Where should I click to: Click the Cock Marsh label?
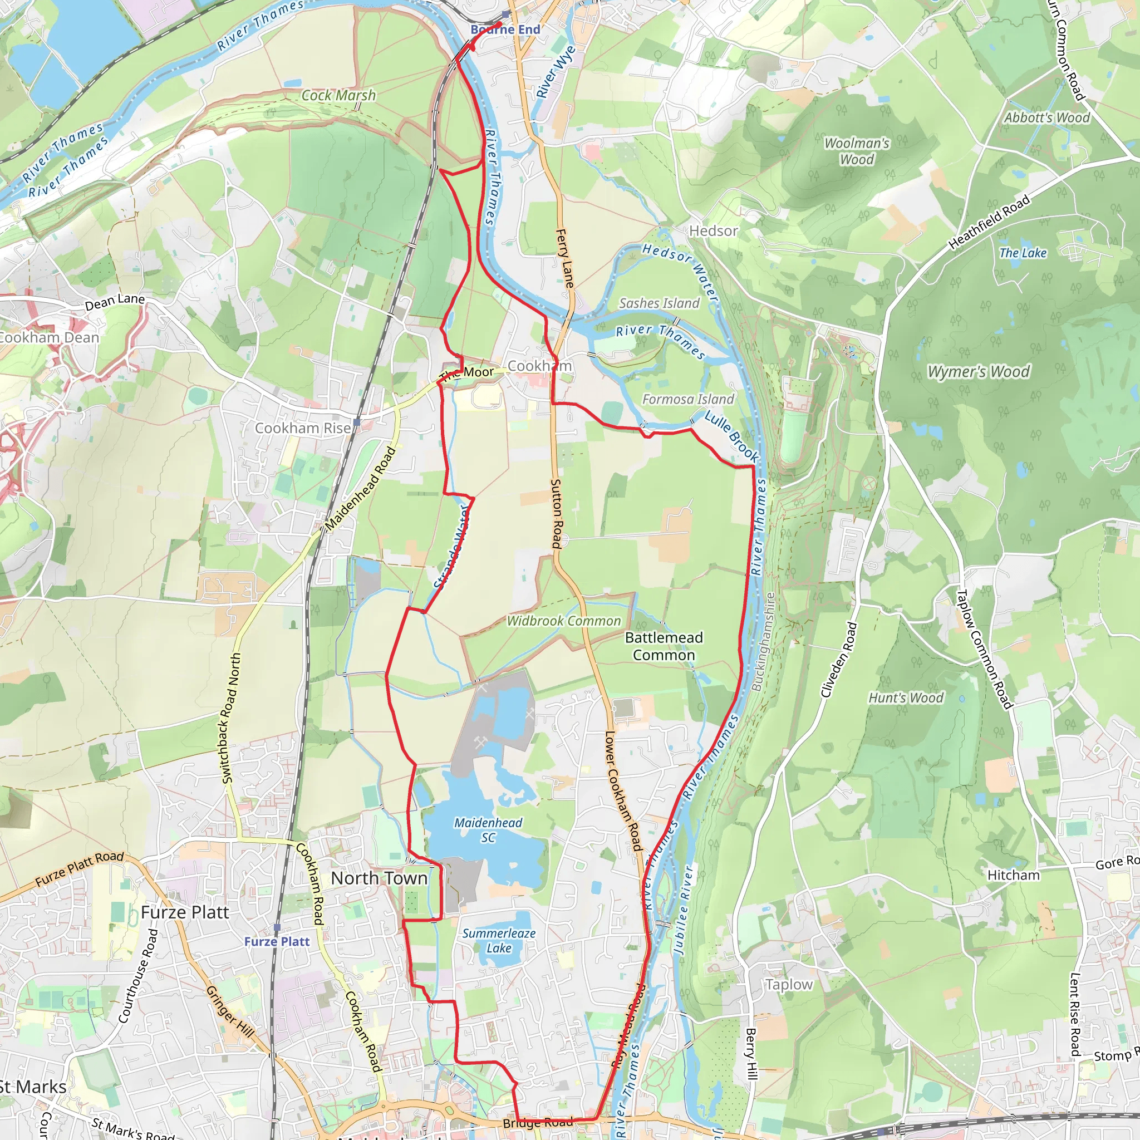tap(338, 95)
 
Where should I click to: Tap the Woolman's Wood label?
tap(856, 151)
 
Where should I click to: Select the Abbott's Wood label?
tap(1047, 117)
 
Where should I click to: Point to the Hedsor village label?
tap(714, 230)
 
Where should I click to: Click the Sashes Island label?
tap(659, 303)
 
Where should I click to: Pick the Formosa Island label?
tap(687, 400)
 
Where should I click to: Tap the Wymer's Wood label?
tap(979, 372)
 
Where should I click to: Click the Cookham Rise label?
tap(303, 428)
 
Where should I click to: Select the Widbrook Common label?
tap(563, 621)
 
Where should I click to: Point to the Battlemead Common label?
tap(664, 646)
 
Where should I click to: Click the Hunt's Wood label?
tap(905, 697)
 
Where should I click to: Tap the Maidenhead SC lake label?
tap(488, 829)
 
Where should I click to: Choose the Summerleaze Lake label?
tap(499, 941)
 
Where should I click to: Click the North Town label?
tap(379, 878)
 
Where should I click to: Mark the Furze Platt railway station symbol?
tap(277, 928)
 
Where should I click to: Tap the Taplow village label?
tap(789, 984)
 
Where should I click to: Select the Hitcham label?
tap(1013, 875)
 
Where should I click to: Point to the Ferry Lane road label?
tap(564, 258)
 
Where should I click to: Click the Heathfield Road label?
tap(989, 222)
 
